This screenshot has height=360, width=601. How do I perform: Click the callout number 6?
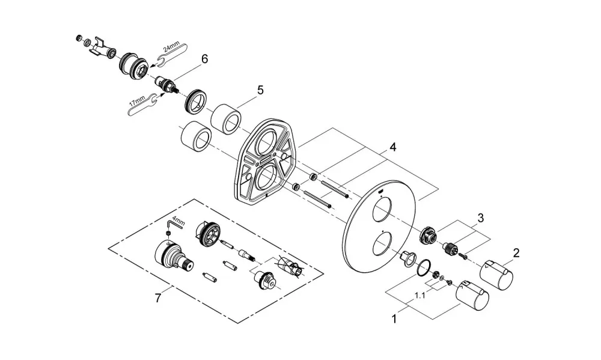click(x=204, y=59)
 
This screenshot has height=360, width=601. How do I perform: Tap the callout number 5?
click(x=260, y=91)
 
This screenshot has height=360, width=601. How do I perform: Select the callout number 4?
click(x=392, y=147)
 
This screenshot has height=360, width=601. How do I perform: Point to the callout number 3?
click(x=480, y=218)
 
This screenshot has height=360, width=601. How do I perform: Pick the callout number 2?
click(x=516, y=253)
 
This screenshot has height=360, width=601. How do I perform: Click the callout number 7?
click(x=158, y=298)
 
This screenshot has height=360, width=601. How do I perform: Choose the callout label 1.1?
click(x=419, y=296)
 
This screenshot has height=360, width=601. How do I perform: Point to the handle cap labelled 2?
click(x=496, y=275)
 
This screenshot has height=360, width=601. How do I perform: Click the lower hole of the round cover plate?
click(x=382, y=244)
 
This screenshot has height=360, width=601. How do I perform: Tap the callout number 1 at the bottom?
click(x=394, y=318)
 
